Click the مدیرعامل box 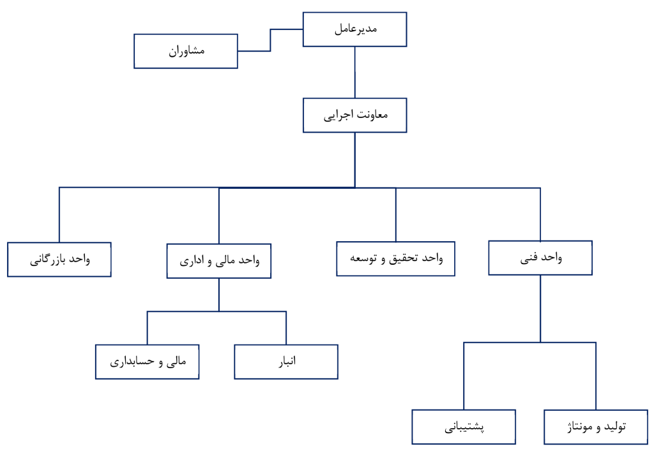(x=354, y=29)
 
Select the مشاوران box (x=186, y=51)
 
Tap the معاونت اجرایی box (x=354, y=115)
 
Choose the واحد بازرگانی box (x=59, y=260)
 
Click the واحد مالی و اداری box (x=219, y=261)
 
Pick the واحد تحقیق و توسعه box (x=395, y=258)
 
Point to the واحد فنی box (x=540, y=258)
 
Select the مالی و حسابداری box (x=148, y=362)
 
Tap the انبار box (x=286, y=362)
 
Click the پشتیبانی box (x=464, y=427)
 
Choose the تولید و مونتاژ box (x=596, y=427)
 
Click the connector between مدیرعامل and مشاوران (x=270, y=40)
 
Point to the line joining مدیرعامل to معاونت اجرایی (x=355, y=73)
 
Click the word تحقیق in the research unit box (x=404, y=258)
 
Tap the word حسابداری (x=132, y=362)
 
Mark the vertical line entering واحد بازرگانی (x=59, y=215)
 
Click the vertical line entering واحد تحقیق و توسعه (x=396, y=215)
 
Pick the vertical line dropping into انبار (x=286, y=328)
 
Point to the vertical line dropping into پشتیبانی (x=464, y=376)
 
